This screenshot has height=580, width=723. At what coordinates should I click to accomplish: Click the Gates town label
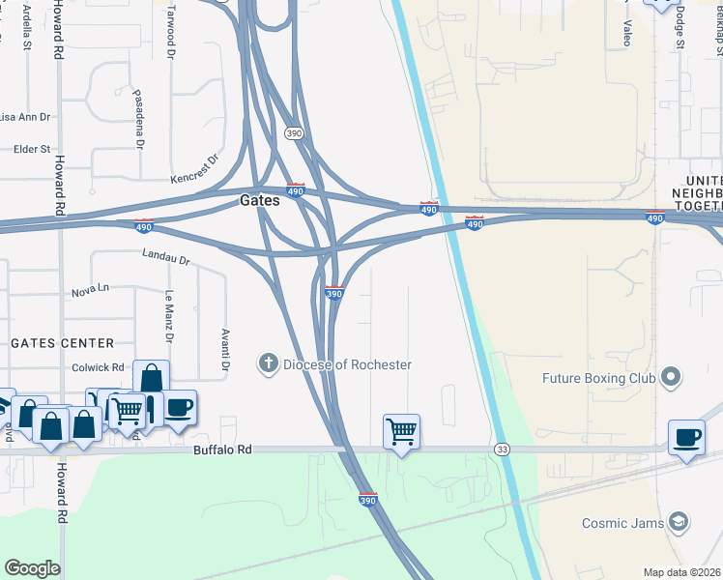(x=259, y=201)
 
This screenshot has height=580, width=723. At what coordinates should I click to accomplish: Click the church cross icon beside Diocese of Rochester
(x=268, y=364)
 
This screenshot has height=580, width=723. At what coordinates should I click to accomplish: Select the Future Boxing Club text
(x=598, y=378)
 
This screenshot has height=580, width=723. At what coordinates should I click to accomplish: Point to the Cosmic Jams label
(x=622, y=523)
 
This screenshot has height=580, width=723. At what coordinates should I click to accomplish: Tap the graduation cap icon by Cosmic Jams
(x=680, y=523)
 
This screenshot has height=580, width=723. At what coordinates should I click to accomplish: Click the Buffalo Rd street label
(x=222, y=449)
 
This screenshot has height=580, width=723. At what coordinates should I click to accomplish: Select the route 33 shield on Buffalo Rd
(x=502, y=449)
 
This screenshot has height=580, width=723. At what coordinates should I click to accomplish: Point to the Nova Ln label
(x=91, y=290)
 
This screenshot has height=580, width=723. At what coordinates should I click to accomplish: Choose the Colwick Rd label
(x=99, y=367)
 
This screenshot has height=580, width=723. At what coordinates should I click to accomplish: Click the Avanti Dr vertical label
(x=224, y=352)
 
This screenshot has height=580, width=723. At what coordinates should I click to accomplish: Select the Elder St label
(x=32, y=149)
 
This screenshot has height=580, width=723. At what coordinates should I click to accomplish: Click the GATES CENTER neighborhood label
(x=62, y=343)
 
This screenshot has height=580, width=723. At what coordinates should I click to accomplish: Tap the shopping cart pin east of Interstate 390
(x=401, y=431)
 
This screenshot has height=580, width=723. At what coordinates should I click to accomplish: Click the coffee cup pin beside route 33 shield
(x=686, y=437)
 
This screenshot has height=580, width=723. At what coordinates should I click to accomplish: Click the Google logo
(x=32, y=568)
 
